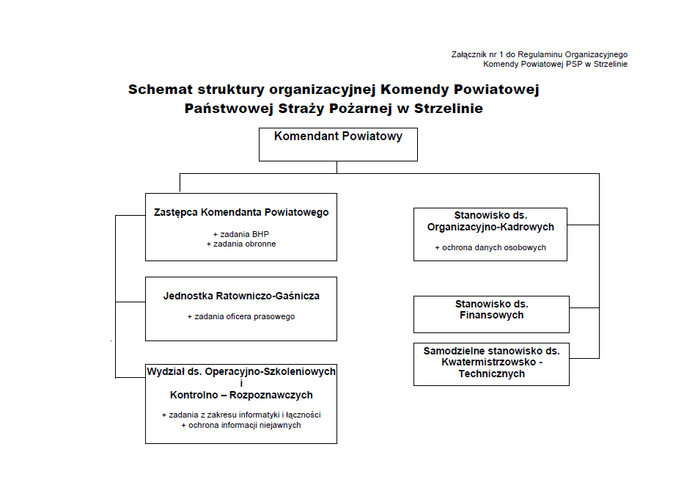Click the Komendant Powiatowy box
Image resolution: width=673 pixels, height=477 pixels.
point(338,144)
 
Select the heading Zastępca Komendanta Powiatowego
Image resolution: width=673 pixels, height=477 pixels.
point(241,213)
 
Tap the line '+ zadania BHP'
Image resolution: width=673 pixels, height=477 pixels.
point(241,233)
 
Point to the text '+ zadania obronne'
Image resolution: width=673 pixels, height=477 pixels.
point(241,244)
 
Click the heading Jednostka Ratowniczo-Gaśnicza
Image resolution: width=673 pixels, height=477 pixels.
point(241,296)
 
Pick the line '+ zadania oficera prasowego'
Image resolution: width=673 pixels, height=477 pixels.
point(241,316)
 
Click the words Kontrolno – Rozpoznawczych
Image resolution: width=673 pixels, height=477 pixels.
point(241,395)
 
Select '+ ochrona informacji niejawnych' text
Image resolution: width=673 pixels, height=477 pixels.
point(241,425)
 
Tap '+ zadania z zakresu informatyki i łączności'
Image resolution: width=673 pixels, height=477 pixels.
point(241,415)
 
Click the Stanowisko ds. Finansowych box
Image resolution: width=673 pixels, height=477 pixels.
point(491,314)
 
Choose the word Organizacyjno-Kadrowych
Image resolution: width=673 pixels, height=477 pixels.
point(491,227)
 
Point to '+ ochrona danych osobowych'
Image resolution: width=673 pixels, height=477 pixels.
point(491,247)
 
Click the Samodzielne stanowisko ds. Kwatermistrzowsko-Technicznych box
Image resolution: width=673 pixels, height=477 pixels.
point(491,364)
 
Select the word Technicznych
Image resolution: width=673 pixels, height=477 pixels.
point(491,374)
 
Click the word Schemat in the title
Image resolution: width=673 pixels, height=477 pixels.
point(159,90)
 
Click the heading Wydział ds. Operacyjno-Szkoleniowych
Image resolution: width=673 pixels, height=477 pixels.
point(241,372)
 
